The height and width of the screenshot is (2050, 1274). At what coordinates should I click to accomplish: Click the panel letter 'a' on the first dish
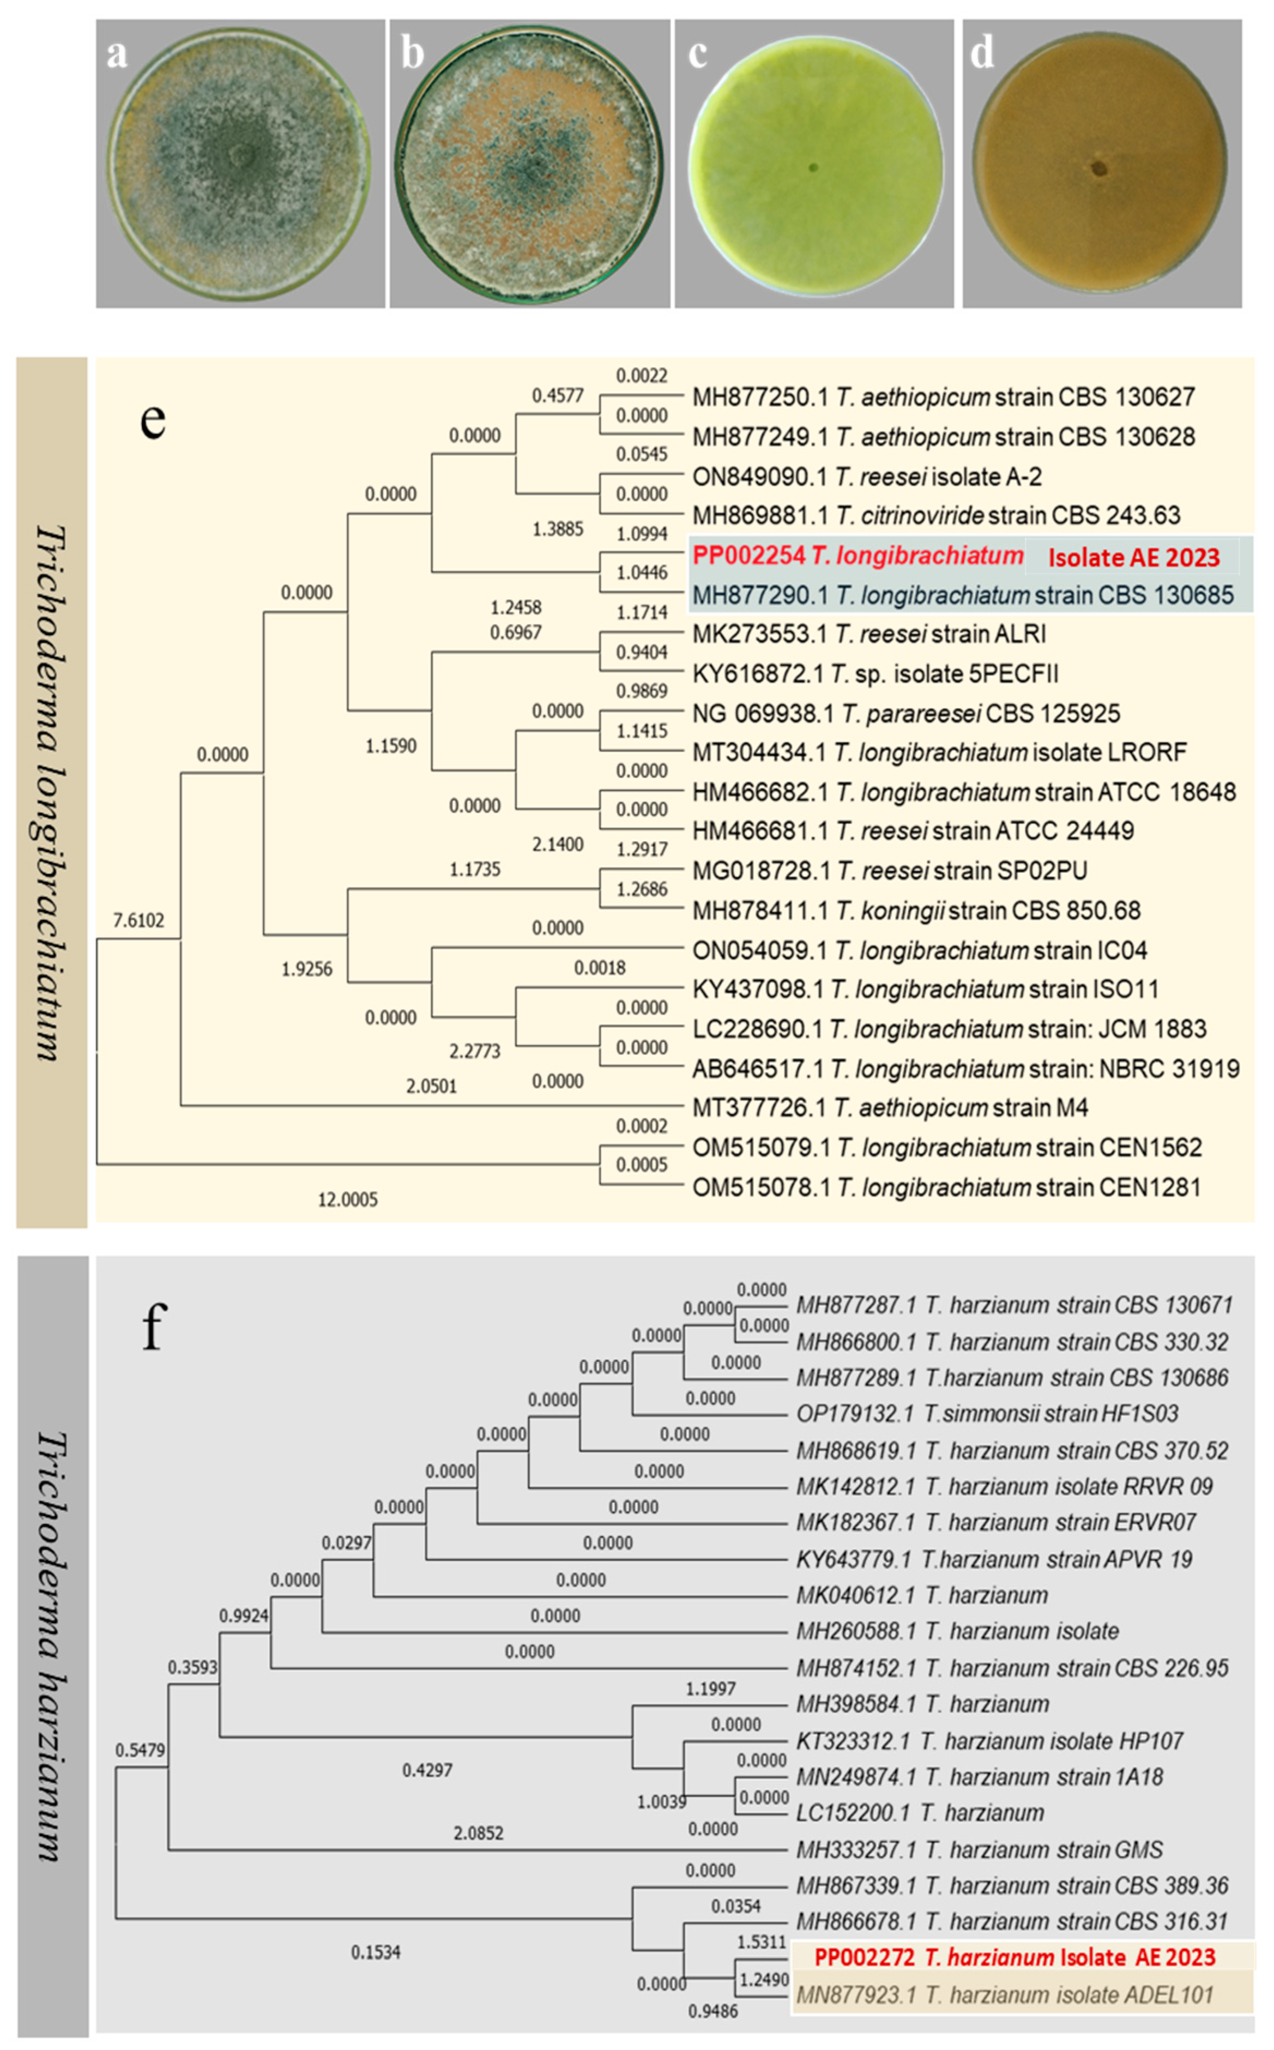pyautogui.click(x=117, y=54)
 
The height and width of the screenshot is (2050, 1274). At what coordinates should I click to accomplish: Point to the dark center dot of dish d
pyautogui.click(x=1099, y=168)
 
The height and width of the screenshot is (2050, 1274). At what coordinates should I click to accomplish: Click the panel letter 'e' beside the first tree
pyautogui.click(x=153, y=419)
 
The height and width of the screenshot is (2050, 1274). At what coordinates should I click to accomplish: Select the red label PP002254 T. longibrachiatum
pyautogui.click(x=858, y=555)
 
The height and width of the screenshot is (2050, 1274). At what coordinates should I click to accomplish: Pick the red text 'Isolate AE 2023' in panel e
pyautogui.click(x=1133, y=557)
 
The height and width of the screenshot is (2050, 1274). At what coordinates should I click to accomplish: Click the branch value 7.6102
pyautogui.click(x=139, y=920)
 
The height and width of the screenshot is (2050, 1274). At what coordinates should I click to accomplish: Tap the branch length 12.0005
pyautogui.click(x=347, y=1199)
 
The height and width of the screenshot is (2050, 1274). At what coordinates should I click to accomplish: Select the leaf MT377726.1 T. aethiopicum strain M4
pyautogui.click(x=890, y=1107)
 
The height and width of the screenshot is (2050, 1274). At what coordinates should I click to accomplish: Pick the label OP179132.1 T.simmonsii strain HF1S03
pyautogui.click(x=987, y=1413)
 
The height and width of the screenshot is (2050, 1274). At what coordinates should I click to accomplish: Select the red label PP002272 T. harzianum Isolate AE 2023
pyautogui.click(x=1015, y=1956)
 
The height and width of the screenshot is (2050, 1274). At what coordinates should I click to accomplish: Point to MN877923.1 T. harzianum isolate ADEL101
pyautogui.click(x=1004, y=1994)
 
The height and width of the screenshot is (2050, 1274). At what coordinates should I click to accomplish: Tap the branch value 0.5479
pyautogui.click(x=140, y=1750)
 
